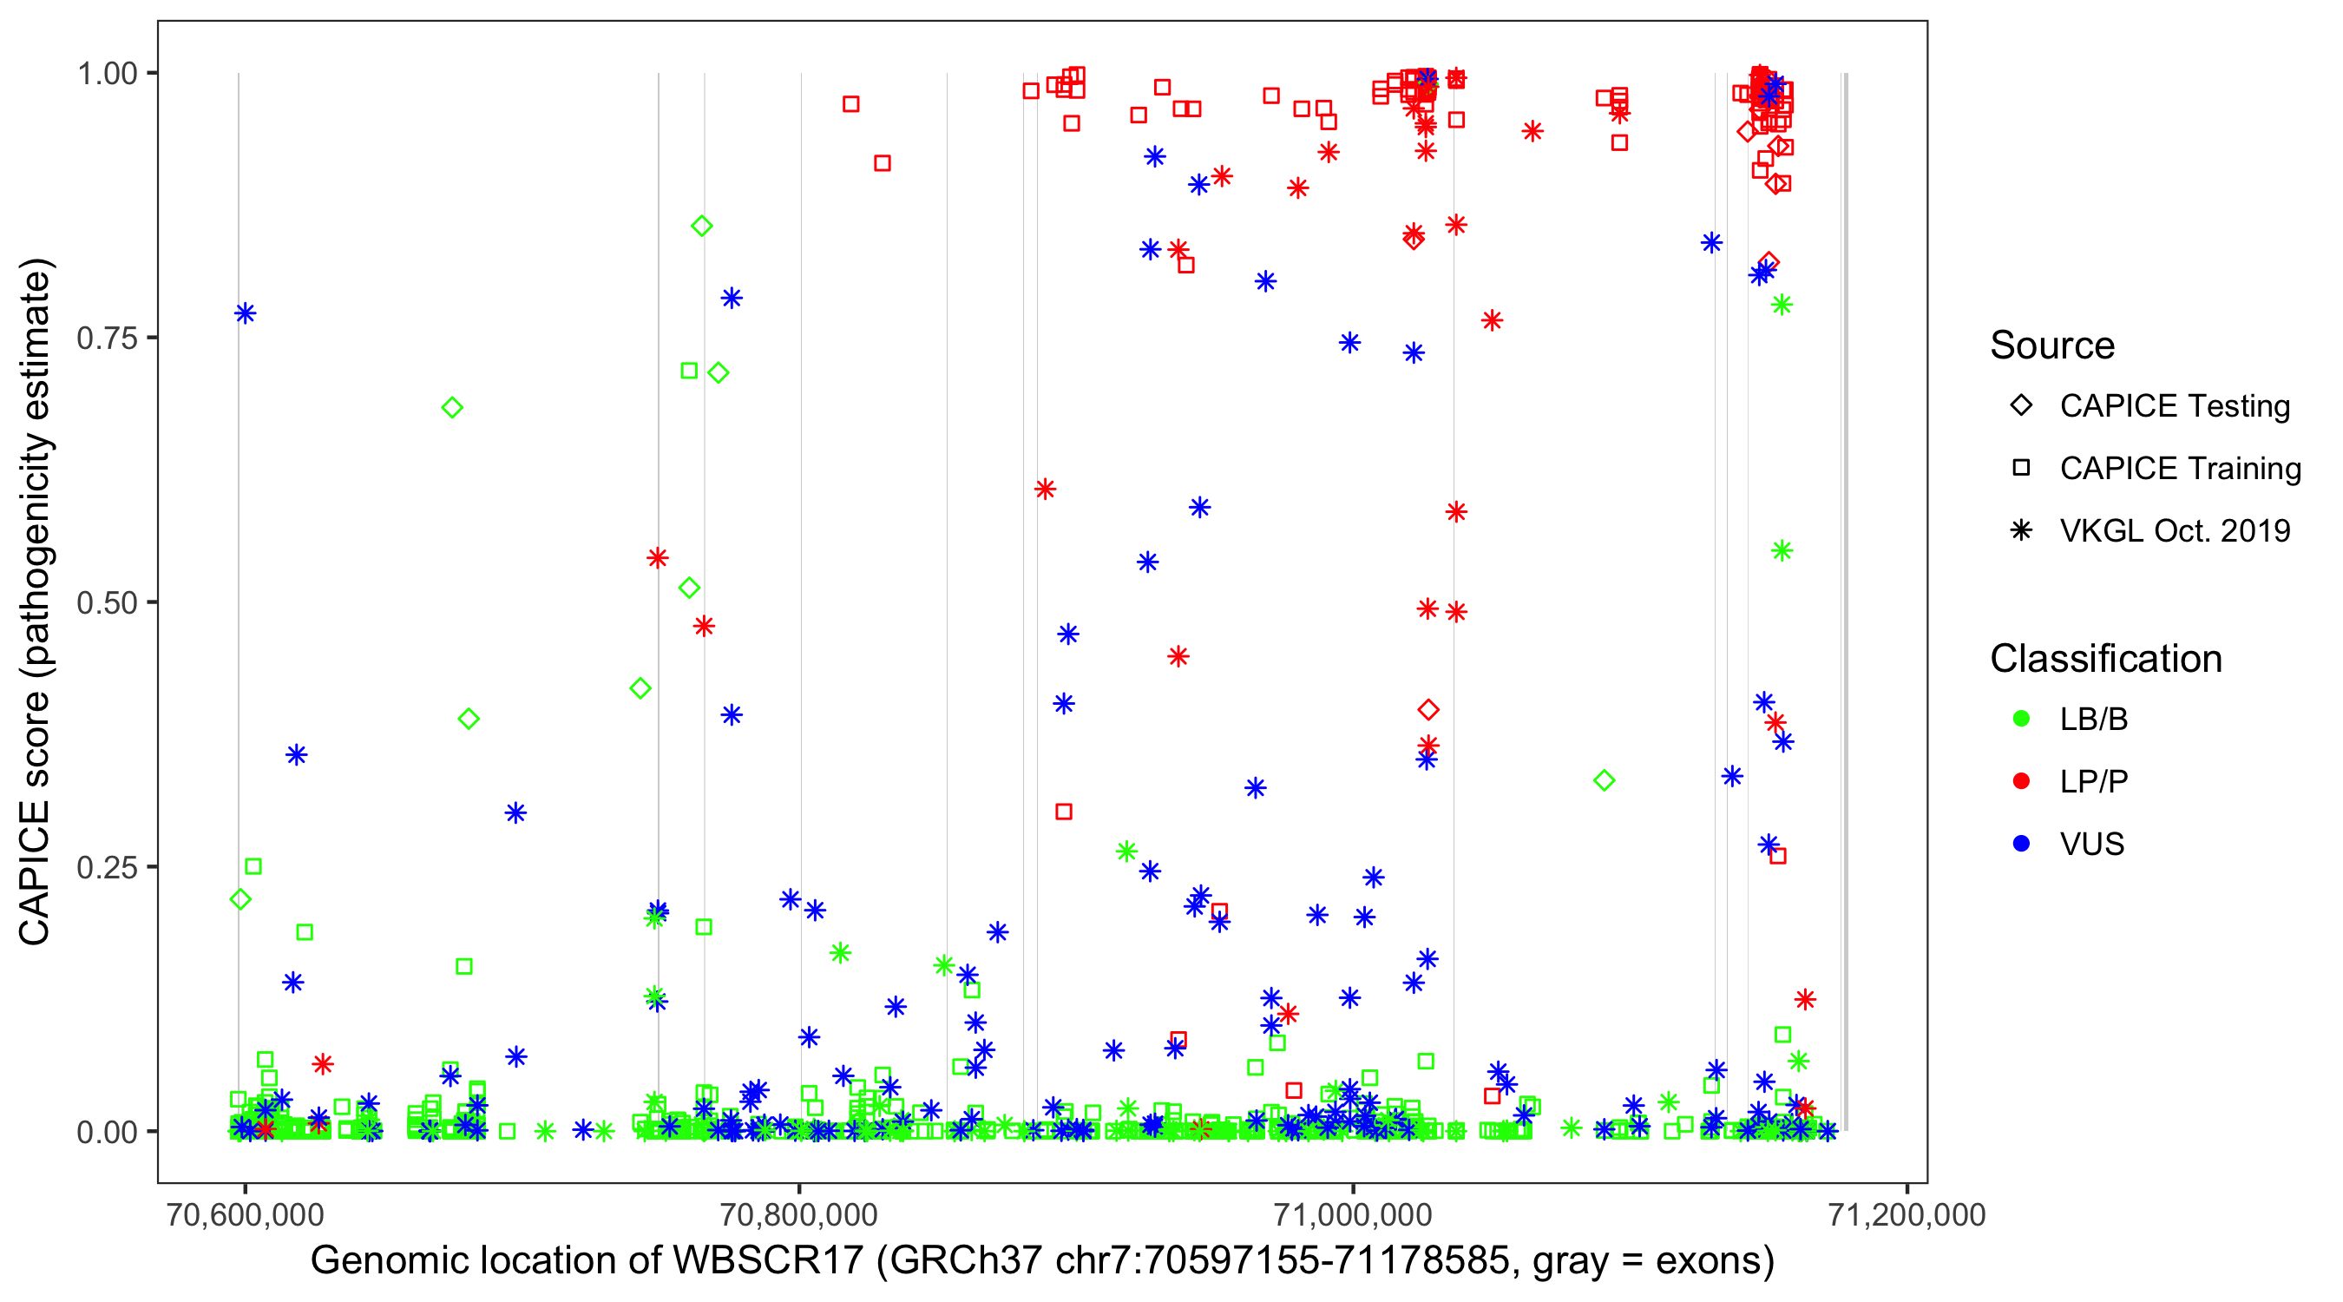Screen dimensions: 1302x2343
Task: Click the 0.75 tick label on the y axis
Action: coord(106,339)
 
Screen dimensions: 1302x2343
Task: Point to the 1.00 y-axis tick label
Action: coord(106,74)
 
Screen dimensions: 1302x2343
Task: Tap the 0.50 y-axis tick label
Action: coord(106,602)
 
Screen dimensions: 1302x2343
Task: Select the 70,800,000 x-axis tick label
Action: coord(798,1214)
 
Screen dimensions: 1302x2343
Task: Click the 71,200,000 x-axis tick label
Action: coord(1907,1214)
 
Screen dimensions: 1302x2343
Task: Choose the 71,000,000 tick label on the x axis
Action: coord(1353,1214)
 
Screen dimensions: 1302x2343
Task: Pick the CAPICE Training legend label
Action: coord(2180,469)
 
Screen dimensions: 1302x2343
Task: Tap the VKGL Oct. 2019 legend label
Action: coord(2175,530)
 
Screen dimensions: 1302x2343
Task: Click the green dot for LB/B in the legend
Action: coord(2021,720)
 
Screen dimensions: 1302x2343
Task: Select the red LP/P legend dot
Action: coord(2021,781)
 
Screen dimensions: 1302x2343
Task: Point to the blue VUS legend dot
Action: coord(2021,845)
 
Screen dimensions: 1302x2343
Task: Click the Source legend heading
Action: coord(2052,345)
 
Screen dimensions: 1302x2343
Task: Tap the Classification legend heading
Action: coord(2105,659)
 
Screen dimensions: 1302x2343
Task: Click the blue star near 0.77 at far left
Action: coord(245,314)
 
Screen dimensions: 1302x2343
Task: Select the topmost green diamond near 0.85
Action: coord(701,227)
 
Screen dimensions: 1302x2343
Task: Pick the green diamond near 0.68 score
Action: coord(452,408)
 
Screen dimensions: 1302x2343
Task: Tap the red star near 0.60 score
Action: coord(1045,490)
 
